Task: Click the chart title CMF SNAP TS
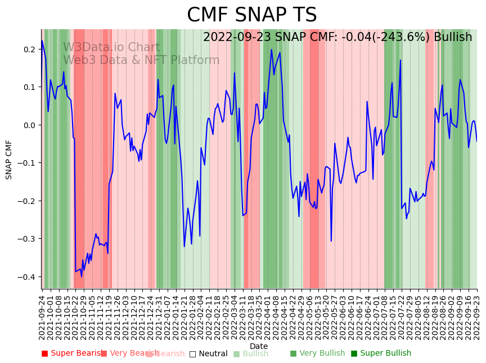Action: coord(251,15)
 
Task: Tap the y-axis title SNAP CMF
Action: coord(9,160)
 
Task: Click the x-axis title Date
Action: coord(259,346)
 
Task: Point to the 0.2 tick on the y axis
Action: coord(29,49)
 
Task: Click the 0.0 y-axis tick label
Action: coord(29,125)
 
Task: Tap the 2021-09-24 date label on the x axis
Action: coord(42,317)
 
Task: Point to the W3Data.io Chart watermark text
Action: coord(111,47)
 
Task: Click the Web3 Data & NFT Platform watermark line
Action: coord(141,60)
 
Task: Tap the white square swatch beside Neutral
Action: coord(192,354)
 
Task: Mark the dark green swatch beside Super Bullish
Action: coord(354,354)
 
